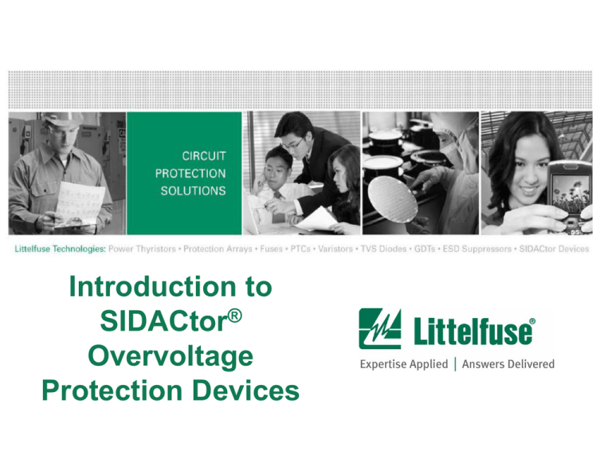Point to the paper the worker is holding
(x=84, y=208)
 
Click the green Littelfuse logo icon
(x=380, y=329)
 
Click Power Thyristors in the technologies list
(x=143, y=249)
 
